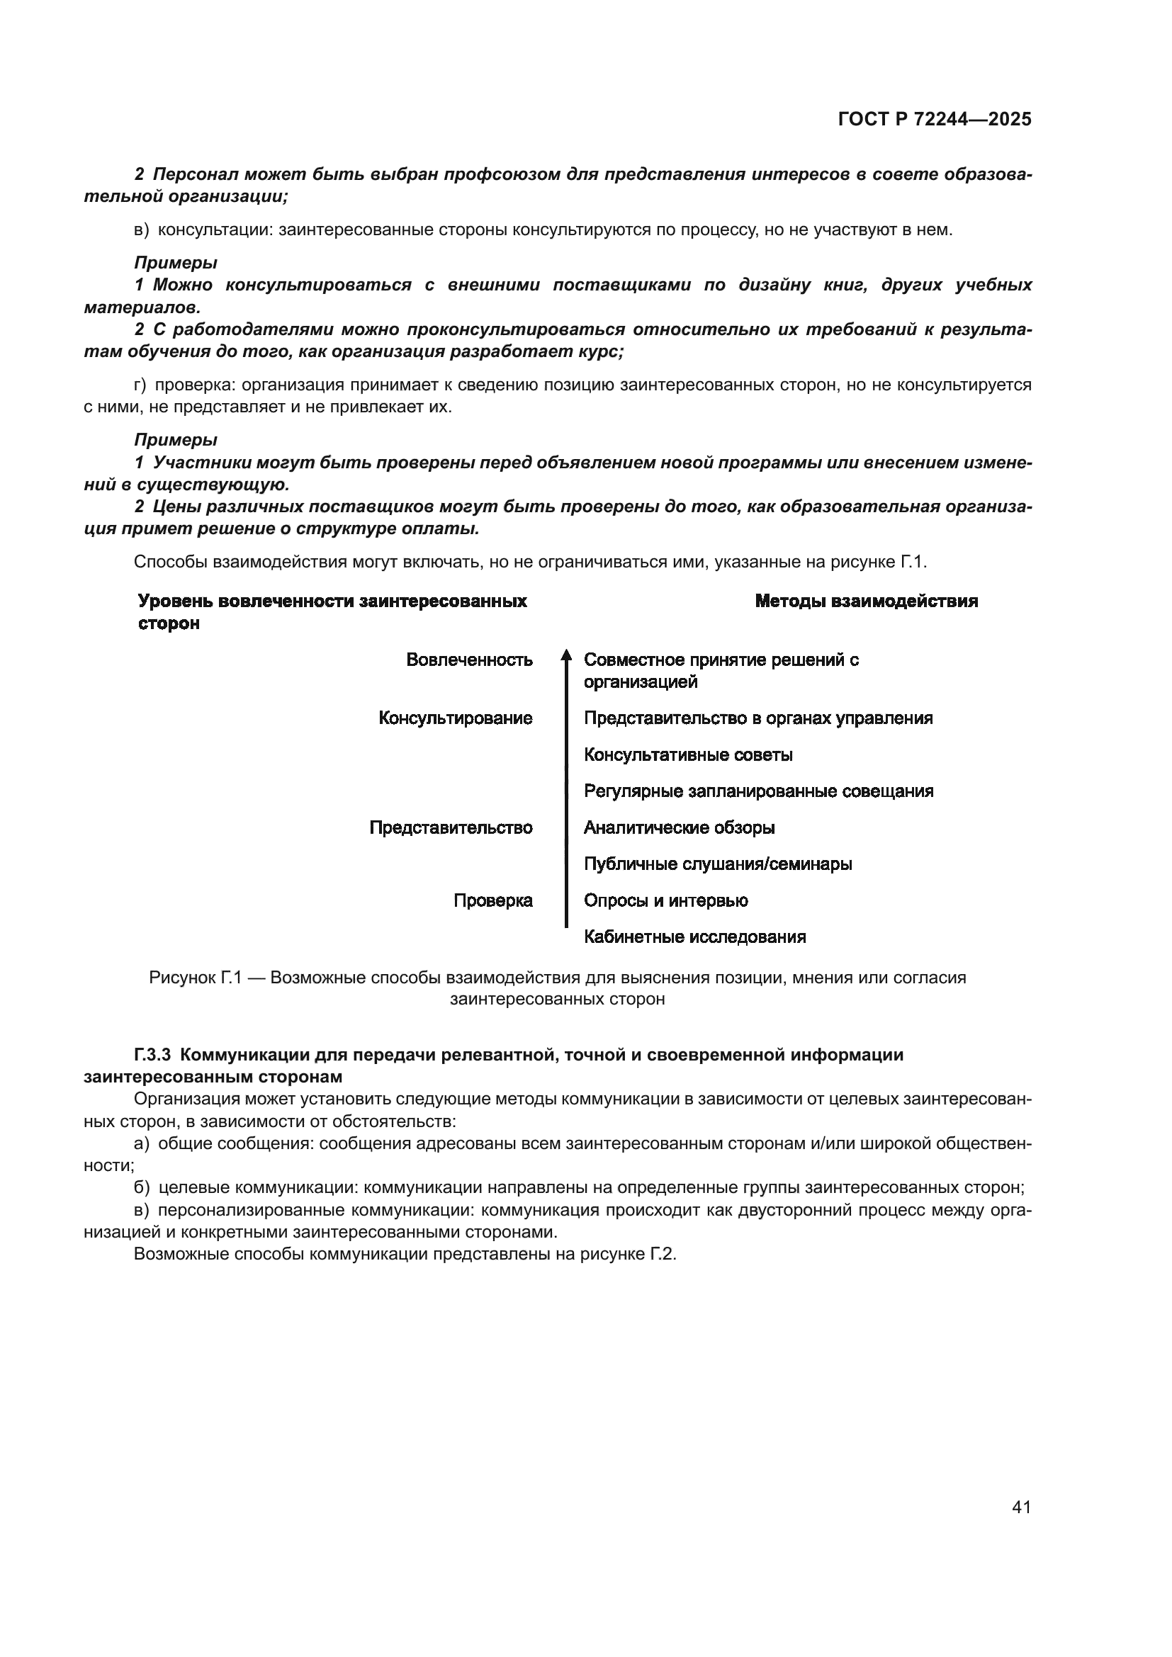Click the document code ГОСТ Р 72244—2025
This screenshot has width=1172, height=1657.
pos(935,120)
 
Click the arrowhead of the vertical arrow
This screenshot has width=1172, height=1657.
pos(567,655)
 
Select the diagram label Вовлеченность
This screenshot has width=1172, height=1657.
pos(469,660)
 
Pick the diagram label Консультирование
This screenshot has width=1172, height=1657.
pos(456,718)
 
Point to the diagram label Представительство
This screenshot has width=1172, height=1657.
pos(451,827)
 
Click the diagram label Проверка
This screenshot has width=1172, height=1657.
pos(493,900)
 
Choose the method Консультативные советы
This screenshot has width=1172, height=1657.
pos(688,755)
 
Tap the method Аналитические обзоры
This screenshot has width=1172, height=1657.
pos(679,827)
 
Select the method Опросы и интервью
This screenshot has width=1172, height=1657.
pos(665,900)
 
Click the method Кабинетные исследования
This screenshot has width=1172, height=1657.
pos(694,937)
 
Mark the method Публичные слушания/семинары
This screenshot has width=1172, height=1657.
pos(717,864)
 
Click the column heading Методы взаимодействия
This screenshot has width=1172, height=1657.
pos(866,601)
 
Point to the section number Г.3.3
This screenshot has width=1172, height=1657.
pos(152,1055)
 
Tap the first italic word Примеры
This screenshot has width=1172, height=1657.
pos(175,263)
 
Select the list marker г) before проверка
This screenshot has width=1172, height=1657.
pos(140,385)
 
